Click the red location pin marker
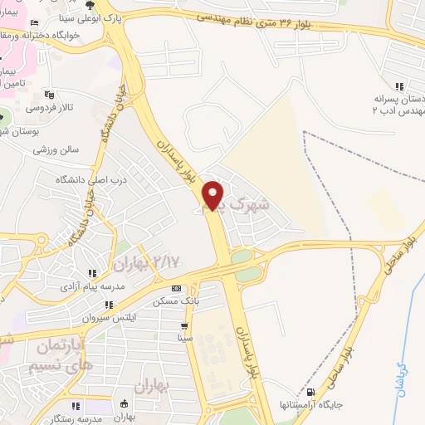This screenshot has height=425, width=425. pyautogui.click(x=215, y=196)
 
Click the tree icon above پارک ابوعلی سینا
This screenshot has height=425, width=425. pyautogui.click(x=90, y=4)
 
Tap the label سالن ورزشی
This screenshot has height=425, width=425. pyautogui.click(x=56, y=150)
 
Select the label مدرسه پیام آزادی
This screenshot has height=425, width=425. pyautogui.click(x=91, y=286)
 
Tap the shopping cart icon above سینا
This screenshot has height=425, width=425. pyautogui.click(x=184, y=325)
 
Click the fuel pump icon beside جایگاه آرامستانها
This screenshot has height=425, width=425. pyautogui.click(x=312, y=392)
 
